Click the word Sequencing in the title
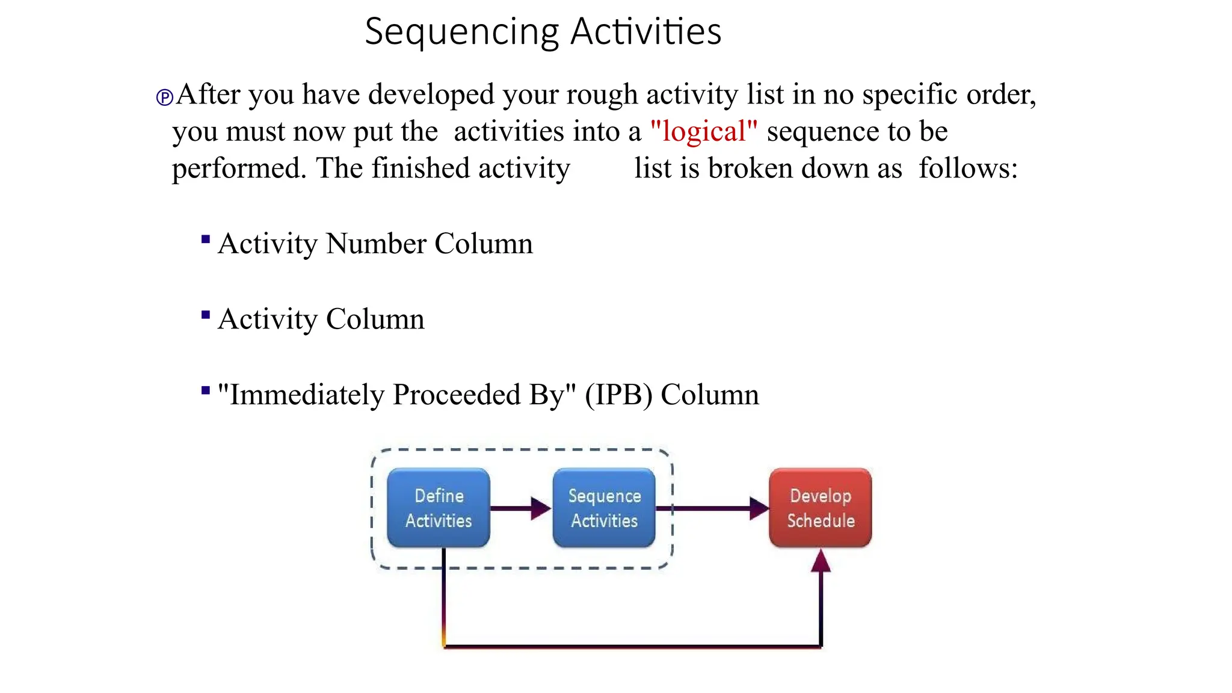click(461, 32)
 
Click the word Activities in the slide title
click(645, 32)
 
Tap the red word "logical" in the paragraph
click(703, 131)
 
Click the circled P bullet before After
click(164, 97)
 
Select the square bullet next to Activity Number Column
click(206, 239)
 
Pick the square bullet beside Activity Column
click(206, 315)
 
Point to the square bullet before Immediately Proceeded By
click(206, 390)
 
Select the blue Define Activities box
click(439, 508)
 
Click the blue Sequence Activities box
click(604, 508)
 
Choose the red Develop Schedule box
click(820, 508)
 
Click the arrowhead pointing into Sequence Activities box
click(541, 508)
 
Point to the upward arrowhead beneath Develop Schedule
click(821, 561)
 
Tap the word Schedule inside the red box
click(821, 520)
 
